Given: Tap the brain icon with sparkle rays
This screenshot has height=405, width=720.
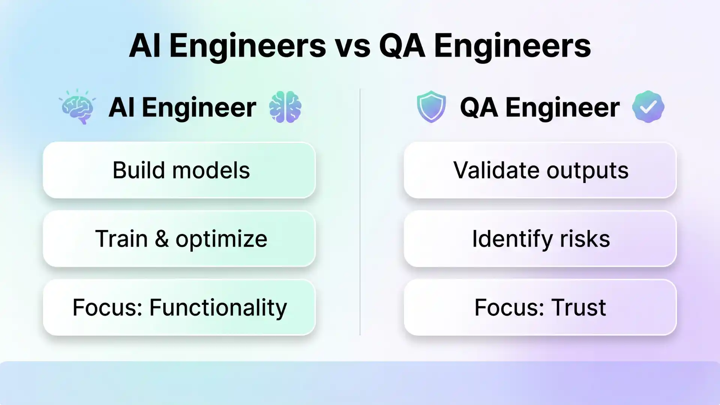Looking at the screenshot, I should pos(78,107).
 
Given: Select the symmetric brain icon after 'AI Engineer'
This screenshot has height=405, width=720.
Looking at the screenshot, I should pos(285,107).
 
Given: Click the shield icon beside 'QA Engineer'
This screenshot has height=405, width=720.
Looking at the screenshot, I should pos(431,106).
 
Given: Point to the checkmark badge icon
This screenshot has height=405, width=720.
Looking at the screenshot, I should pos(648,107).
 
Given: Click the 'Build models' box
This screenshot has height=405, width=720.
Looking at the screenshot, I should pos(179,170).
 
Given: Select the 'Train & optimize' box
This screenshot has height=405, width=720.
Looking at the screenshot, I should pos(179,239).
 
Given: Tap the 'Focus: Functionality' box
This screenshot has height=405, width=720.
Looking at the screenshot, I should pos(179,307).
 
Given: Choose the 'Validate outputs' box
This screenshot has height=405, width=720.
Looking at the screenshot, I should pos(540,170).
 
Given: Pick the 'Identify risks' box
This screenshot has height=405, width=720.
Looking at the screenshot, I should pos(540,239).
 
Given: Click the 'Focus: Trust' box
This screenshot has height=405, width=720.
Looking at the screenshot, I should pos(540,307).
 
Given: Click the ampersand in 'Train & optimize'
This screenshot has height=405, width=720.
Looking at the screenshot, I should pos(162,239).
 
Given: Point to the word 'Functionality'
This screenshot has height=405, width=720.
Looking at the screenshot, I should pos(218,307).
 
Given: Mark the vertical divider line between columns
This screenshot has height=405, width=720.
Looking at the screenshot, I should pos(360,212).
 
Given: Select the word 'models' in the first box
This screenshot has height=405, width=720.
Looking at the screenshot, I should pos(211,170).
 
